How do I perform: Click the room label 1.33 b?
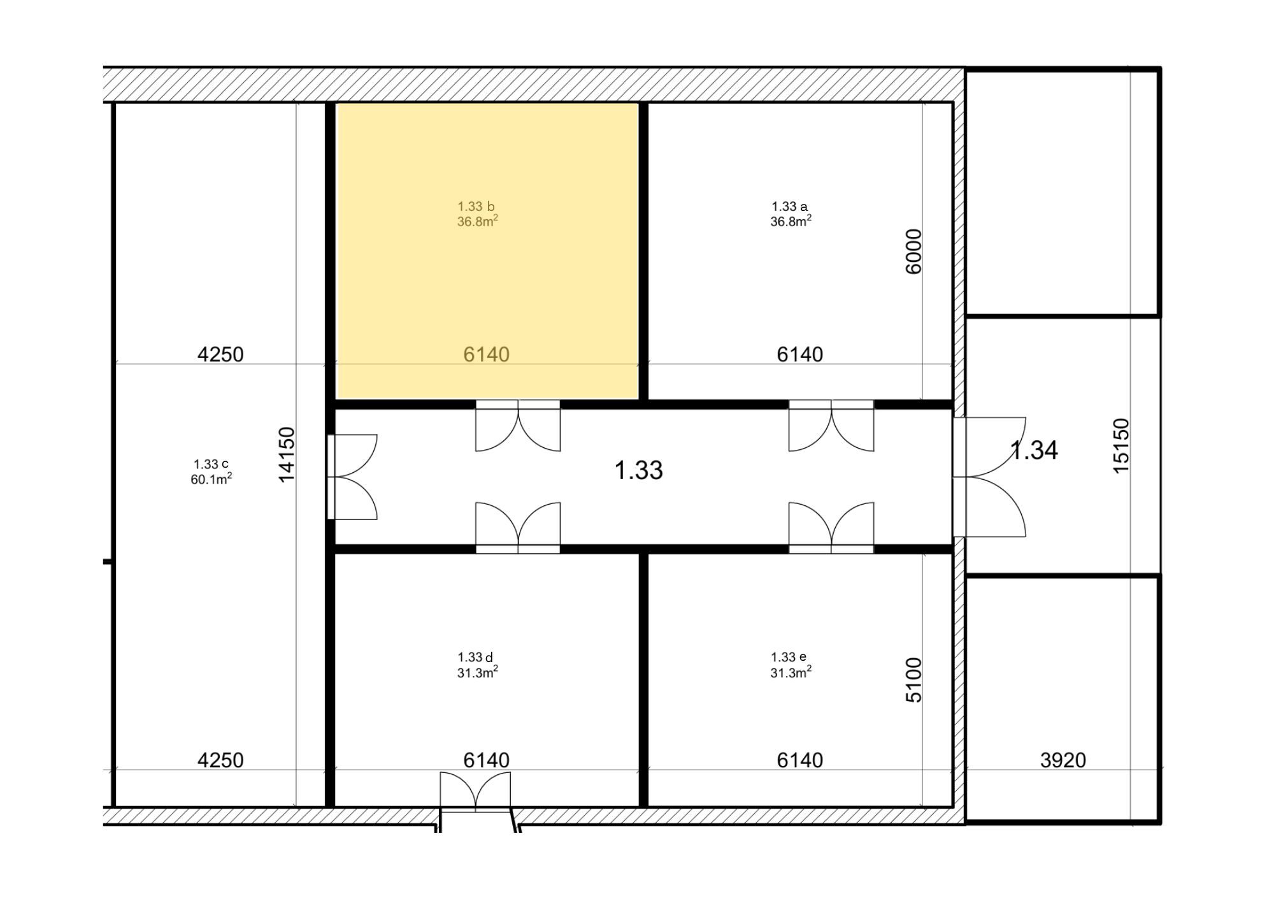point(476,206)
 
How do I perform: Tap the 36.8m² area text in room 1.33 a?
point(791,221)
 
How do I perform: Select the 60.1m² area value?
point(211,479)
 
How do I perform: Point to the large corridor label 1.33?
point(638,470)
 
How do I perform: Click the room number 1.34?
point(1034,450)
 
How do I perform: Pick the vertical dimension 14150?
point(287,454)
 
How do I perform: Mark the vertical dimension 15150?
point(1121,445)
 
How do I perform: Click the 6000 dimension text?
point(913,252)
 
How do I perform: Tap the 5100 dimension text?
point(913,680)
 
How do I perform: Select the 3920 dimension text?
point(1063,760)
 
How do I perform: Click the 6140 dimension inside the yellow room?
point(486,354)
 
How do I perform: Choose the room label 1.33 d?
point(475,657)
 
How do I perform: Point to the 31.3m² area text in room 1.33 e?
point(791,672)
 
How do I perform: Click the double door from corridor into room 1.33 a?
point(831,425)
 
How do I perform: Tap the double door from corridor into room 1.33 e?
point(831,528)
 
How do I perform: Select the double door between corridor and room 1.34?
point(989,477)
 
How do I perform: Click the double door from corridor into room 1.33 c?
point(352,477)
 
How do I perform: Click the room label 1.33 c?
point(211,464)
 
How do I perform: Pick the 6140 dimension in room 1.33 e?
point(799,760)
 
